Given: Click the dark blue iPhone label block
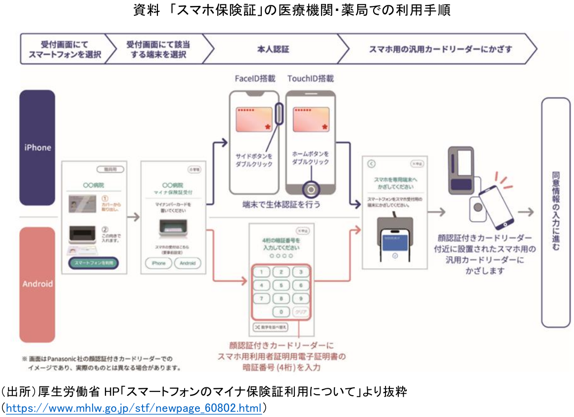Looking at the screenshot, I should tap(37, 147).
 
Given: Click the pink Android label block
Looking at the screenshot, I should tap(37, 284).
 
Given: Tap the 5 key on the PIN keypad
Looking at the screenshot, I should tap(282, 285).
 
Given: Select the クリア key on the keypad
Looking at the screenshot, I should tap(300, 312).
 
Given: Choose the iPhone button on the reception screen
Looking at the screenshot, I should tap(158, 263).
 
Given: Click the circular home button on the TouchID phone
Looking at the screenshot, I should tap(310, 189).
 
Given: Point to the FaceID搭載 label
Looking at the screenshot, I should tap(254, 79).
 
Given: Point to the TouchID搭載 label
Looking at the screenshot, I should tap(310, 79).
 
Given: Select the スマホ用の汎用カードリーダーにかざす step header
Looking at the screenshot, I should tap(440, 49).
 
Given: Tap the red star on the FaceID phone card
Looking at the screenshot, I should tap(268, 127).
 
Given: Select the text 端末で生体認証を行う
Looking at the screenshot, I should tap(281, 204).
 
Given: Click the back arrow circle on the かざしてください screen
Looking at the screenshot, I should tap(372, 164).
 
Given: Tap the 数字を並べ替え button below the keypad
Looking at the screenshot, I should tap(270, 327).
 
